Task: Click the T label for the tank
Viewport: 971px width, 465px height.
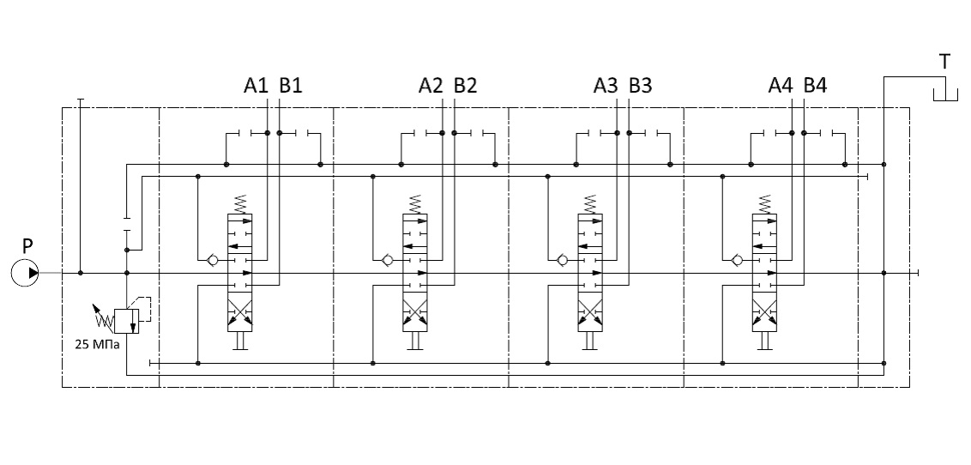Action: [944, 61]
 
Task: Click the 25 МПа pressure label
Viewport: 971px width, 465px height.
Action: [96, 346]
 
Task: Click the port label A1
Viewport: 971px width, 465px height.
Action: [256, 86]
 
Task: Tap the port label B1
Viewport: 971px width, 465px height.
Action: [291, 86]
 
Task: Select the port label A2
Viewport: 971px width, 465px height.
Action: [431, 86]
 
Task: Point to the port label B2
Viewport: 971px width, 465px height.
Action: [466, 86]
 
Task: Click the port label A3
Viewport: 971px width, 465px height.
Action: [606, 86]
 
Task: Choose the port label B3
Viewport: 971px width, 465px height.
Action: [641, 86]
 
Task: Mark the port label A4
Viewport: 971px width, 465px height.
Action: [781, 86]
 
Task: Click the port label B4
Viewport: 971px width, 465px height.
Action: [816, 86]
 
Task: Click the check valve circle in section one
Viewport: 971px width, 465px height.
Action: [211, 259]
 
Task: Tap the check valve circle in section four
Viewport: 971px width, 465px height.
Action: [736, 259]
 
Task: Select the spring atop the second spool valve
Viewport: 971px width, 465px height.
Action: [415, 205]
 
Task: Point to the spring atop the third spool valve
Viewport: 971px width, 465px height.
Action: [590, 205]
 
